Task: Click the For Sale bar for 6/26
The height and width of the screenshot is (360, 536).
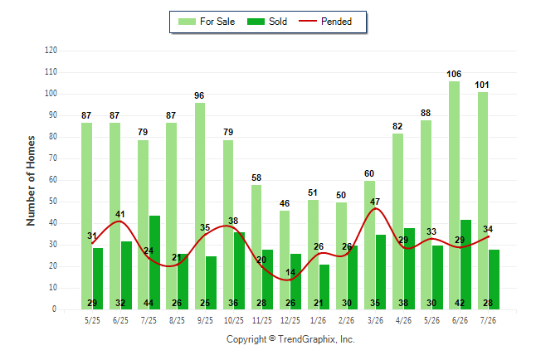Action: pyautogui.click(x=454, y=195)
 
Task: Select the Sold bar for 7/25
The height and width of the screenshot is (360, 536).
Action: pyautogui.click(x=154, y=263)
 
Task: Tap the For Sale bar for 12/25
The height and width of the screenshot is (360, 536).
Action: pyautogui.click(x=285, y=260)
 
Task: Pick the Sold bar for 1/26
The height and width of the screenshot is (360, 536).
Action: pyautogui.click(x=324, y=287)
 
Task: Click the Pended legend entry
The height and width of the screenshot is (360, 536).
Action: pyautogui.click(x=325, y=22)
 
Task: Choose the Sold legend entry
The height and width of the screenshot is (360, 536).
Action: pyautogui.click(x=267, y=22)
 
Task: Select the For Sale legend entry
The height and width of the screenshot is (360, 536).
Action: pyautogui.click(x=207, y=22)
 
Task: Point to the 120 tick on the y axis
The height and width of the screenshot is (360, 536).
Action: pyautogui.click(x=51, y=51)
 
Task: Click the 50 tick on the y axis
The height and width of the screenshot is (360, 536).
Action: pyautogui.click(x=52, y=202)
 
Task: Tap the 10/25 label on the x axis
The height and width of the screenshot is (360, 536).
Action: pyautogui.click(x=234, y=320)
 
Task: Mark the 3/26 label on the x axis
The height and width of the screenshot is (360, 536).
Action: pyautogui.click(x=375, y=320)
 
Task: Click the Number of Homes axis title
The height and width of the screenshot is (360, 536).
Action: pyautogui.click(x=31, y=181)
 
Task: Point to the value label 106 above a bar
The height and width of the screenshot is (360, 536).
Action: pyautogui.click(x=454, y=74)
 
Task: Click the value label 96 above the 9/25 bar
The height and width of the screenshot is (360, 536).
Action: pyautogui.click(x=199, y=95)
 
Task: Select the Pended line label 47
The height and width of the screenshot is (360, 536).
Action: pyautogui.click(x=375, y=202)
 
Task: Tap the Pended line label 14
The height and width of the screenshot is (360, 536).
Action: pyautogui.click(x=290, y=272)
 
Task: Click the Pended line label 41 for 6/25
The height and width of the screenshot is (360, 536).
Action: pyautogui.click(x=120, y=214)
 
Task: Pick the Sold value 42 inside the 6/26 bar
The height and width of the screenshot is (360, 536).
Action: pyautogui.click(x=460, y=303)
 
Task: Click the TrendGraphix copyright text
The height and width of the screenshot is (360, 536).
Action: pyautogui.click(x=290, y=339)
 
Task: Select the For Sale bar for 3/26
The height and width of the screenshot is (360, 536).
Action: pyautogui.click(x=369, y=246)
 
